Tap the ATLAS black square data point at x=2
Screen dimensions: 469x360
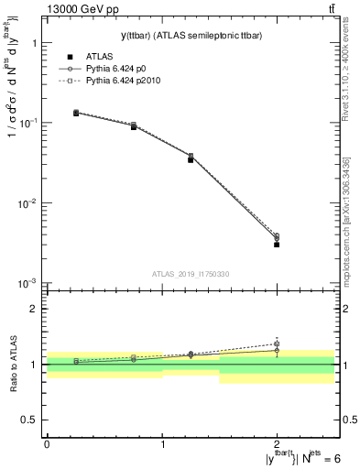point(277,245)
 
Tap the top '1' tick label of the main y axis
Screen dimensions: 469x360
point(33,43)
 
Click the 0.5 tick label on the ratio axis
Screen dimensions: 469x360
point(29,420)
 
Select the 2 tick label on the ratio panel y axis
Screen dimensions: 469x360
point(33,309)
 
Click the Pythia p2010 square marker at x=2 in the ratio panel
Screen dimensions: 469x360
point(277,344)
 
